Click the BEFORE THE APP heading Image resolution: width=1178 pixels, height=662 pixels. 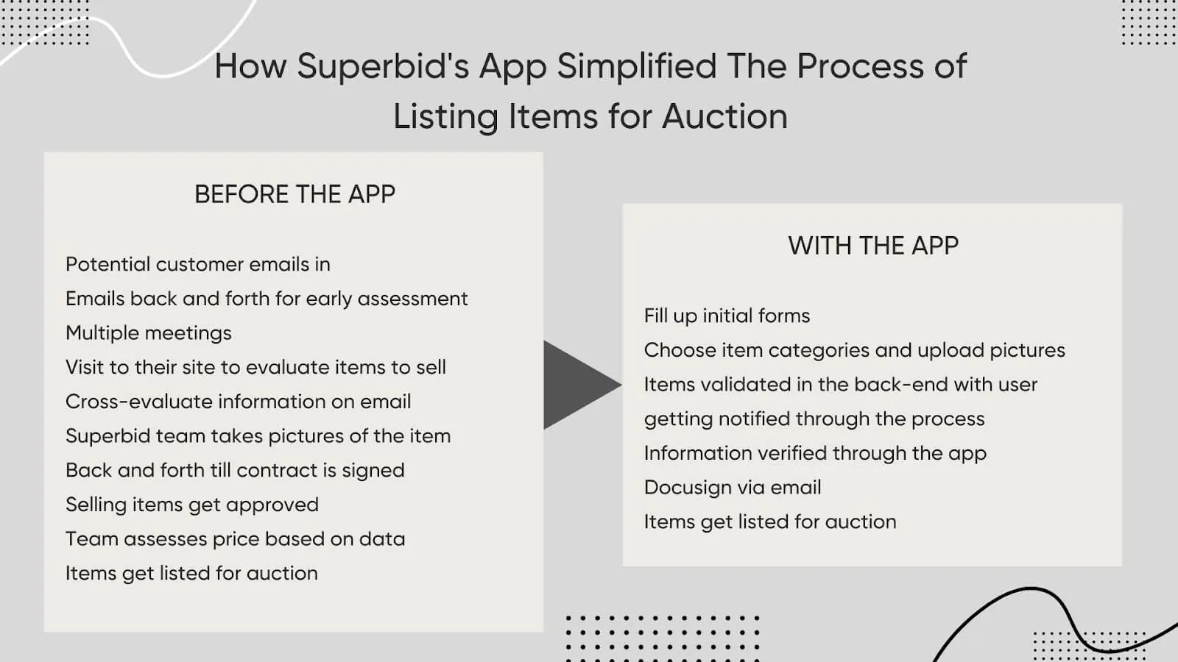(x=294, y=194)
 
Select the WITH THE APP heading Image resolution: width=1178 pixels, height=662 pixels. (x=873, y=246)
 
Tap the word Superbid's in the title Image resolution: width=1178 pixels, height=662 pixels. (x=383, y=66)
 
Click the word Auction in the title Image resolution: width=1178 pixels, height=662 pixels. (x=724, y=116)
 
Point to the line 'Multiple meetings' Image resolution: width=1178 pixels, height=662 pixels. (x=148, y=333)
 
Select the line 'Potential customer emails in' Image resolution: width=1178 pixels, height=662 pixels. (x=197, y=264)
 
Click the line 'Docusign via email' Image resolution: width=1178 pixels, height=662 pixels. (x=732, y=488)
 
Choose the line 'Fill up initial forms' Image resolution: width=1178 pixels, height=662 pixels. (x=726, y=316)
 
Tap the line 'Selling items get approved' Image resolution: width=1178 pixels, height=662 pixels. (x=191, y=505)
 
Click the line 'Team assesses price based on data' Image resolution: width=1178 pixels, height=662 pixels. (x=235, y=539)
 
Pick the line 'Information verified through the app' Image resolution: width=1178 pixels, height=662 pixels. (x=814, y=453)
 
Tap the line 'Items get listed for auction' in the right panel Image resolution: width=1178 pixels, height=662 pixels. (x=769, y=522)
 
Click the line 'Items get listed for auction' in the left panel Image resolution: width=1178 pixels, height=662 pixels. (x=191, y=574)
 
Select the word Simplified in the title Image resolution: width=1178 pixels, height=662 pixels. (x=636, y=66)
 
